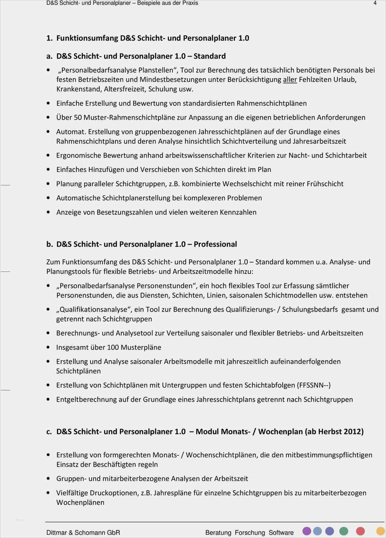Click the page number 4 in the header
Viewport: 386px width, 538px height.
click(x=375, y=3)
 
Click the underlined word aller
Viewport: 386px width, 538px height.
click(x=290, y=79)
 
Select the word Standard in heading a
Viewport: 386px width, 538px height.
click(x=209, y=56)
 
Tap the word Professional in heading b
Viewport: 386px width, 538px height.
click(x=215, y=244)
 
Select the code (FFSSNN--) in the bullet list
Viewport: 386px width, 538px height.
click(x=314, y=385)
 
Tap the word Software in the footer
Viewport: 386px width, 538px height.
click(x=281, y=532)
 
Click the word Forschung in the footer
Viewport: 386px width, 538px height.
click(x=250, y=532)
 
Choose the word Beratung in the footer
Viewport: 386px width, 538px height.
click(x=218, y=532)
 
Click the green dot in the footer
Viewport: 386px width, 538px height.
click(x=343, y=531)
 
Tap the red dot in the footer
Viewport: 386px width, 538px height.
click(x=360, y=531)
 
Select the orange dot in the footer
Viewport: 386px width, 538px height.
click(x=380, y=531)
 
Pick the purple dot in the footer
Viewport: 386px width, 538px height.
click(x=307, y=531)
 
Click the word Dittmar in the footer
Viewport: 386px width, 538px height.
click(x=57, y=532)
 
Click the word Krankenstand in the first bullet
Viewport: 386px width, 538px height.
click(x=78, y=89)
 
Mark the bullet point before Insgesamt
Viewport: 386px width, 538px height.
click(x=48, y=348)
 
